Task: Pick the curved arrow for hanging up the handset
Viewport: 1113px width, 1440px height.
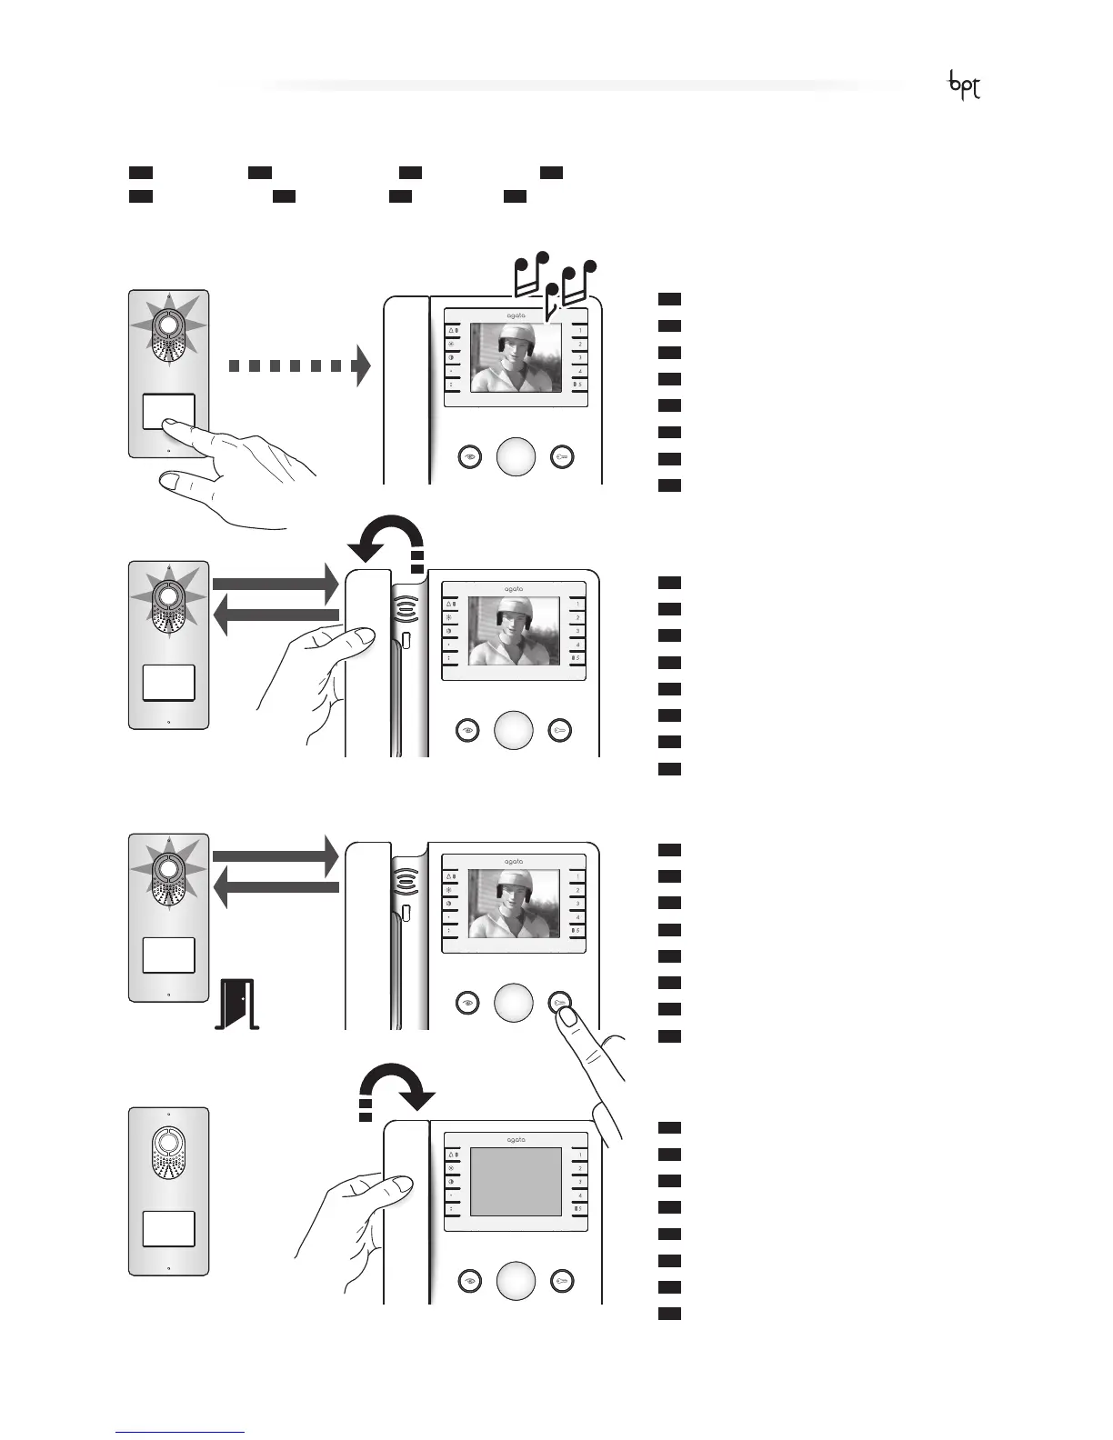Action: (x=396, y=1087)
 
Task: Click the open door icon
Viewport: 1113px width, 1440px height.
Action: (x=237, y=1003)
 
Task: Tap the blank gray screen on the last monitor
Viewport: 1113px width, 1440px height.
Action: (x=516, y=1181)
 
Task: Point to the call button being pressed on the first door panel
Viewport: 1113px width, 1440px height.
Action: (x=168, y=412)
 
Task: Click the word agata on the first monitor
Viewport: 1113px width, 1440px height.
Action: (x=516, y=315)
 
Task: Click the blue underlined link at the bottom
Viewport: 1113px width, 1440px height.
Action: (x=181, y=1432)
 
